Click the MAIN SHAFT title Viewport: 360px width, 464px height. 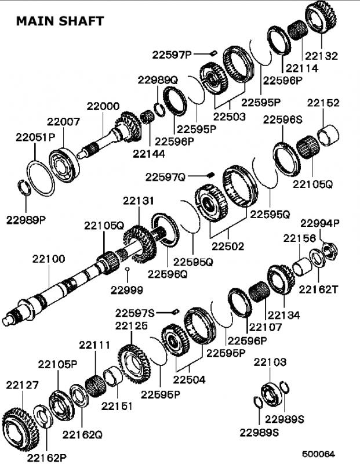60,21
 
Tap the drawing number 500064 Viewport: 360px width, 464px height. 318,454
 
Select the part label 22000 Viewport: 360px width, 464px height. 103,106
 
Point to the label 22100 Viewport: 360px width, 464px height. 49,259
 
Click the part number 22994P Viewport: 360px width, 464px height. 320,223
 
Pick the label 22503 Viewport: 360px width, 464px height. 230,117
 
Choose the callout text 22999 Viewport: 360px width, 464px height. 127,290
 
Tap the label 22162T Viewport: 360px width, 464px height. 318,289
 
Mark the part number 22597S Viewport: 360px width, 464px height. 135,313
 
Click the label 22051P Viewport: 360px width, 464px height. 35,137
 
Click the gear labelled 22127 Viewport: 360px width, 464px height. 20,429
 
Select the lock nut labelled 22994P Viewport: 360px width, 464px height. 329,251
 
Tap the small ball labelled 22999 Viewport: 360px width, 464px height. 127,269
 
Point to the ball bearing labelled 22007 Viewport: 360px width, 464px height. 64,165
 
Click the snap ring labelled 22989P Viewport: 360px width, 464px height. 24,187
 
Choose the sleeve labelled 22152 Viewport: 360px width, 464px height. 328,136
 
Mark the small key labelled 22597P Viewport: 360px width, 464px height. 214,53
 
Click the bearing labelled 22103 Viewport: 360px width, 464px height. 271,393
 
